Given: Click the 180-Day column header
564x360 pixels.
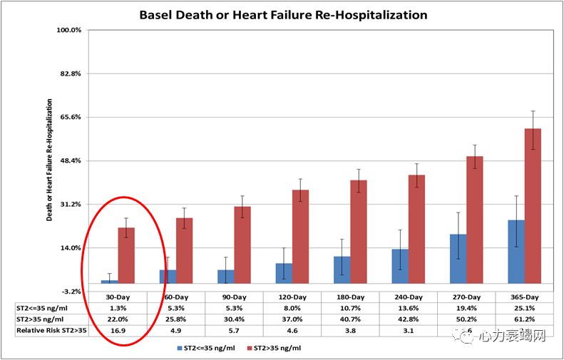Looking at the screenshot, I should tap(350, 297).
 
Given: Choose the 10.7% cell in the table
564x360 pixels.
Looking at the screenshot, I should tap(350, 308).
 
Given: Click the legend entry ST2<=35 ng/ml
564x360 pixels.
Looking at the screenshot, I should tap(205, 349).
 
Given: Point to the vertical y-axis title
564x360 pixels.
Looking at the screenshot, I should tap(50, 160).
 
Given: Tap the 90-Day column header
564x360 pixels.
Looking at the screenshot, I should tap(234, 297).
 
